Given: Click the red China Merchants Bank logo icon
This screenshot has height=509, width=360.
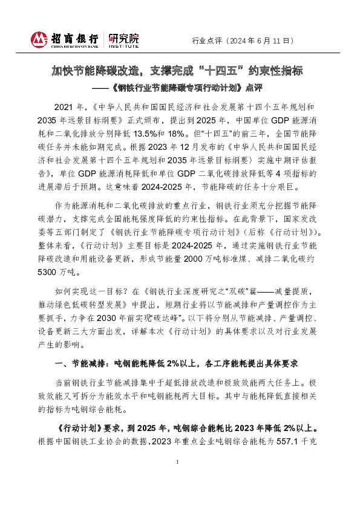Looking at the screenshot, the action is point(40,40).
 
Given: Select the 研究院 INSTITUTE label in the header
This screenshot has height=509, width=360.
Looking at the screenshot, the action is point(123,41).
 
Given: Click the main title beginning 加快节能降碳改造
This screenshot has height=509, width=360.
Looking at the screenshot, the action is point(180,71).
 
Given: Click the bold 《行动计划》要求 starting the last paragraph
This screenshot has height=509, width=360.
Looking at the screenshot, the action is point(89,426).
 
